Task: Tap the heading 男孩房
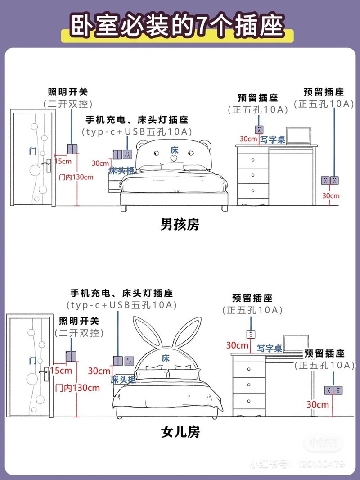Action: [x=180, y=224]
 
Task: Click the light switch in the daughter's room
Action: [x=71, y=357]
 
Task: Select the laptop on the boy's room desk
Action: [x=297, y=136]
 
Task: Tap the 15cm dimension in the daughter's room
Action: [x=61, y=370]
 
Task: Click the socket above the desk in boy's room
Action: [x=259, y=130]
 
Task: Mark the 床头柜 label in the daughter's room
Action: [x=123, y=380]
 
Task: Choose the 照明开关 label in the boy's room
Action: [x=68, y=92]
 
